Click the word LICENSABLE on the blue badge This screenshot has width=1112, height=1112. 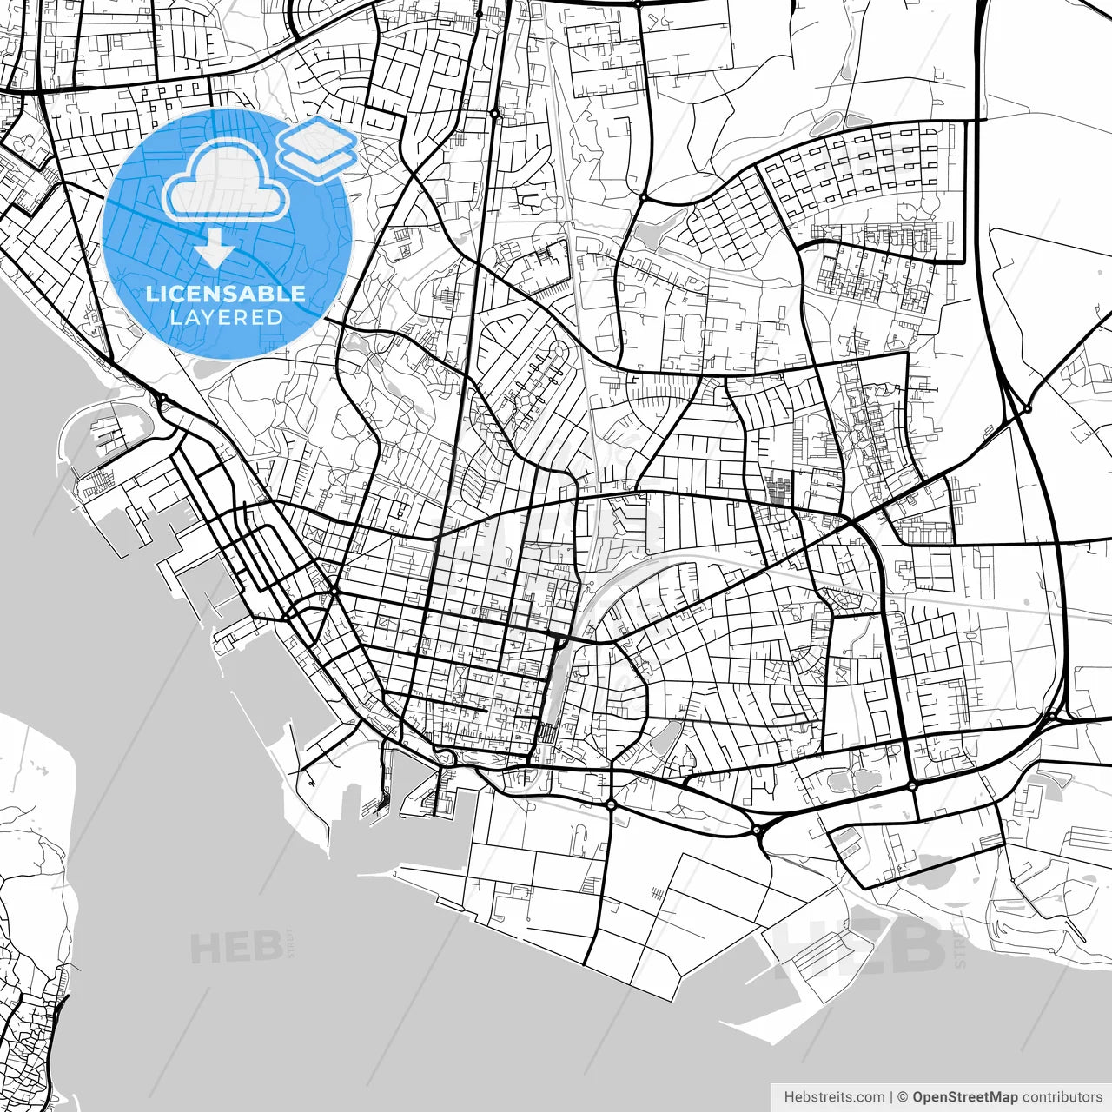click(225, 294)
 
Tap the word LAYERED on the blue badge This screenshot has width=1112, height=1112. click(226, 318)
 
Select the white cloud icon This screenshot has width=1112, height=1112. click(226, 182)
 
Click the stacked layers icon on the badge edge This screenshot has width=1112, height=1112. click(318, 149)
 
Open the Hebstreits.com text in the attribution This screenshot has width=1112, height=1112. click(834, 1097)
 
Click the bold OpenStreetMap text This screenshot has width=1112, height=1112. click(964, 1097)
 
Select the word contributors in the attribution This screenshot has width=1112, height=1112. click(1062, 1097)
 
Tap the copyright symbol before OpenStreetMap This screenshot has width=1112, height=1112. click(903, 1097)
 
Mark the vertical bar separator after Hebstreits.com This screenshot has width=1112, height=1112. click(891, 1097)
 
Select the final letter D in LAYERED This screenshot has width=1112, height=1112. click(275, 318)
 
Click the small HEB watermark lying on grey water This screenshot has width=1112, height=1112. click(235, 948)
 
